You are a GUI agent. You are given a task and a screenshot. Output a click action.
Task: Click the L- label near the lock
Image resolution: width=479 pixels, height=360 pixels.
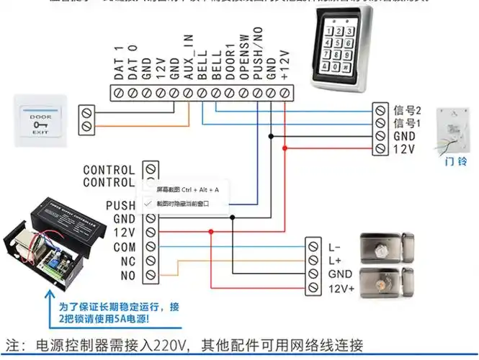(335, 246)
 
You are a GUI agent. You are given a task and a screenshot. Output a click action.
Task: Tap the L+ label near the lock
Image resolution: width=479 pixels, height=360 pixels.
(335, 259)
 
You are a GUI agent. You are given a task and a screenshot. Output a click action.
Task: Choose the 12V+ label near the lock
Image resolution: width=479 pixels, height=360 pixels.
(341, 288)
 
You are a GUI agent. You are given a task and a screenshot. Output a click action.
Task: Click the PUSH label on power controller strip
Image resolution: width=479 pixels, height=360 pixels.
(120, 205)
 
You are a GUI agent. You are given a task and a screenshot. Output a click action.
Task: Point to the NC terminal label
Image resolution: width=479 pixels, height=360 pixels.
(127, 260)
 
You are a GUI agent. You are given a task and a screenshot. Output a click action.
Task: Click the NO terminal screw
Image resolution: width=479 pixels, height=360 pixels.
(151, 274)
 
